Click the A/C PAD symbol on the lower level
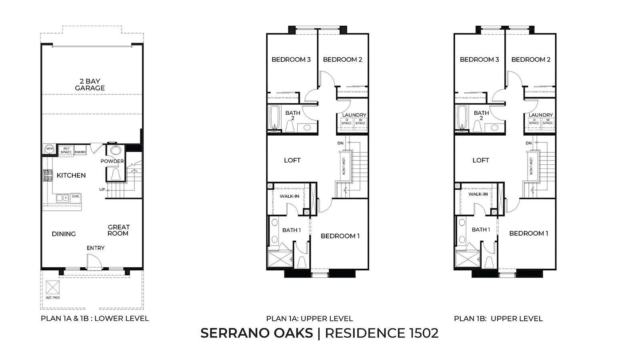[x=52, y=287]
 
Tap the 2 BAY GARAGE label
[x=90, y=85]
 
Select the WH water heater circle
[x=50, y=149]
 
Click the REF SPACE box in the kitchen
[x=66, y=150]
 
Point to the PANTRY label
[x=80, y=152]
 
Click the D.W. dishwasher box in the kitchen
[x=76, y=196]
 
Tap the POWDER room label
[x=112, y=161]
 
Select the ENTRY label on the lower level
[x=96, y=248]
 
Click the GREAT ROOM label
[x=118, y=230]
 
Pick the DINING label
[x=64, y=234]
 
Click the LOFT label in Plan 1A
[x=292, y=160]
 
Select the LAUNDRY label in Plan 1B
[x=541, y=115]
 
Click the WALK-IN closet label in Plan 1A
[x=289, y=196]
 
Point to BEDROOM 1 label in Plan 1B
[x=528, y=233]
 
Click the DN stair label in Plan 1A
[x=340, y=143]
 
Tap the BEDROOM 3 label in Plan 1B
[x=479, y=60]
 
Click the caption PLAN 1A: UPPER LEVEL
[x=309, y=319]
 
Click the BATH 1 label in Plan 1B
[x=480, y=230]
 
